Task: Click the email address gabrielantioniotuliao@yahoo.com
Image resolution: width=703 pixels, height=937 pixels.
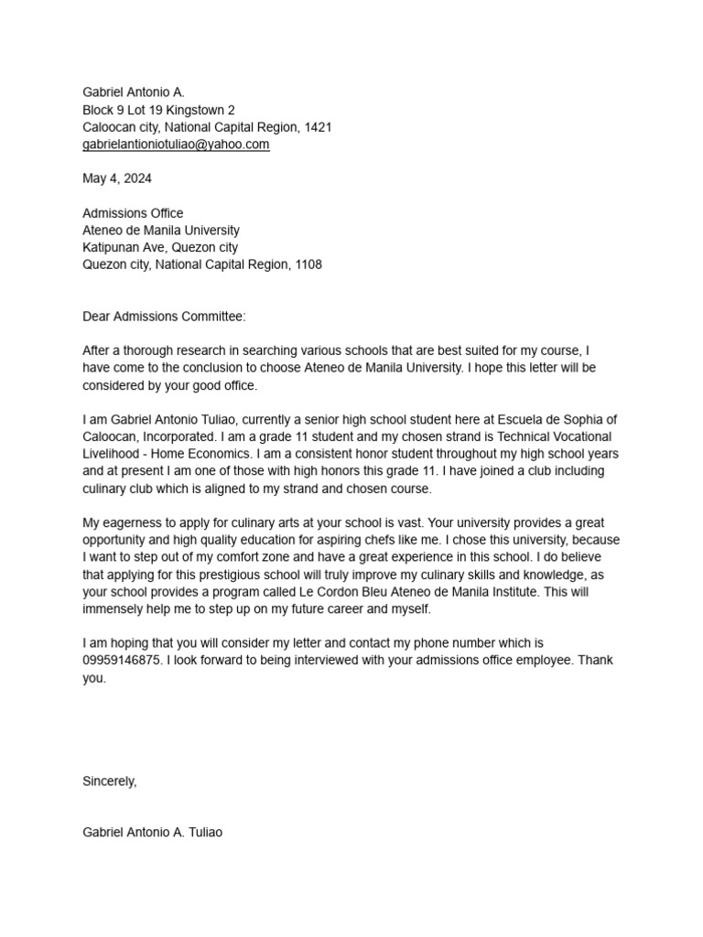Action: [176, 145]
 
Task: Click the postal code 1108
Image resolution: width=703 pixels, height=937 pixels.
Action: [307, 264]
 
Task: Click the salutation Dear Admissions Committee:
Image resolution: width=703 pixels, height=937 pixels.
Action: [164, 317]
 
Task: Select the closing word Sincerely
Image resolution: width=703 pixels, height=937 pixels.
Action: [109, 781]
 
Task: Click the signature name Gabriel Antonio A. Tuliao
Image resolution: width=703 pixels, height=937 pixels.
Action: [152, 833]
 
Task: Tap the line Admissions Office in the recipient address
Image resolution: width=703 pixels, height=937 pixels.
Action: [133, 213]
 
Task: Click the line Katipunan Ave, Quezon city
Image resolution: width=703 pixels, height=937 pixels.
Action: [160, 247]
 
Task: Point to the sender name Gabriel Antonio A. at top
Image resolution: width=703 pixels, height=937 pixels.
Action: [134, 92]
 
